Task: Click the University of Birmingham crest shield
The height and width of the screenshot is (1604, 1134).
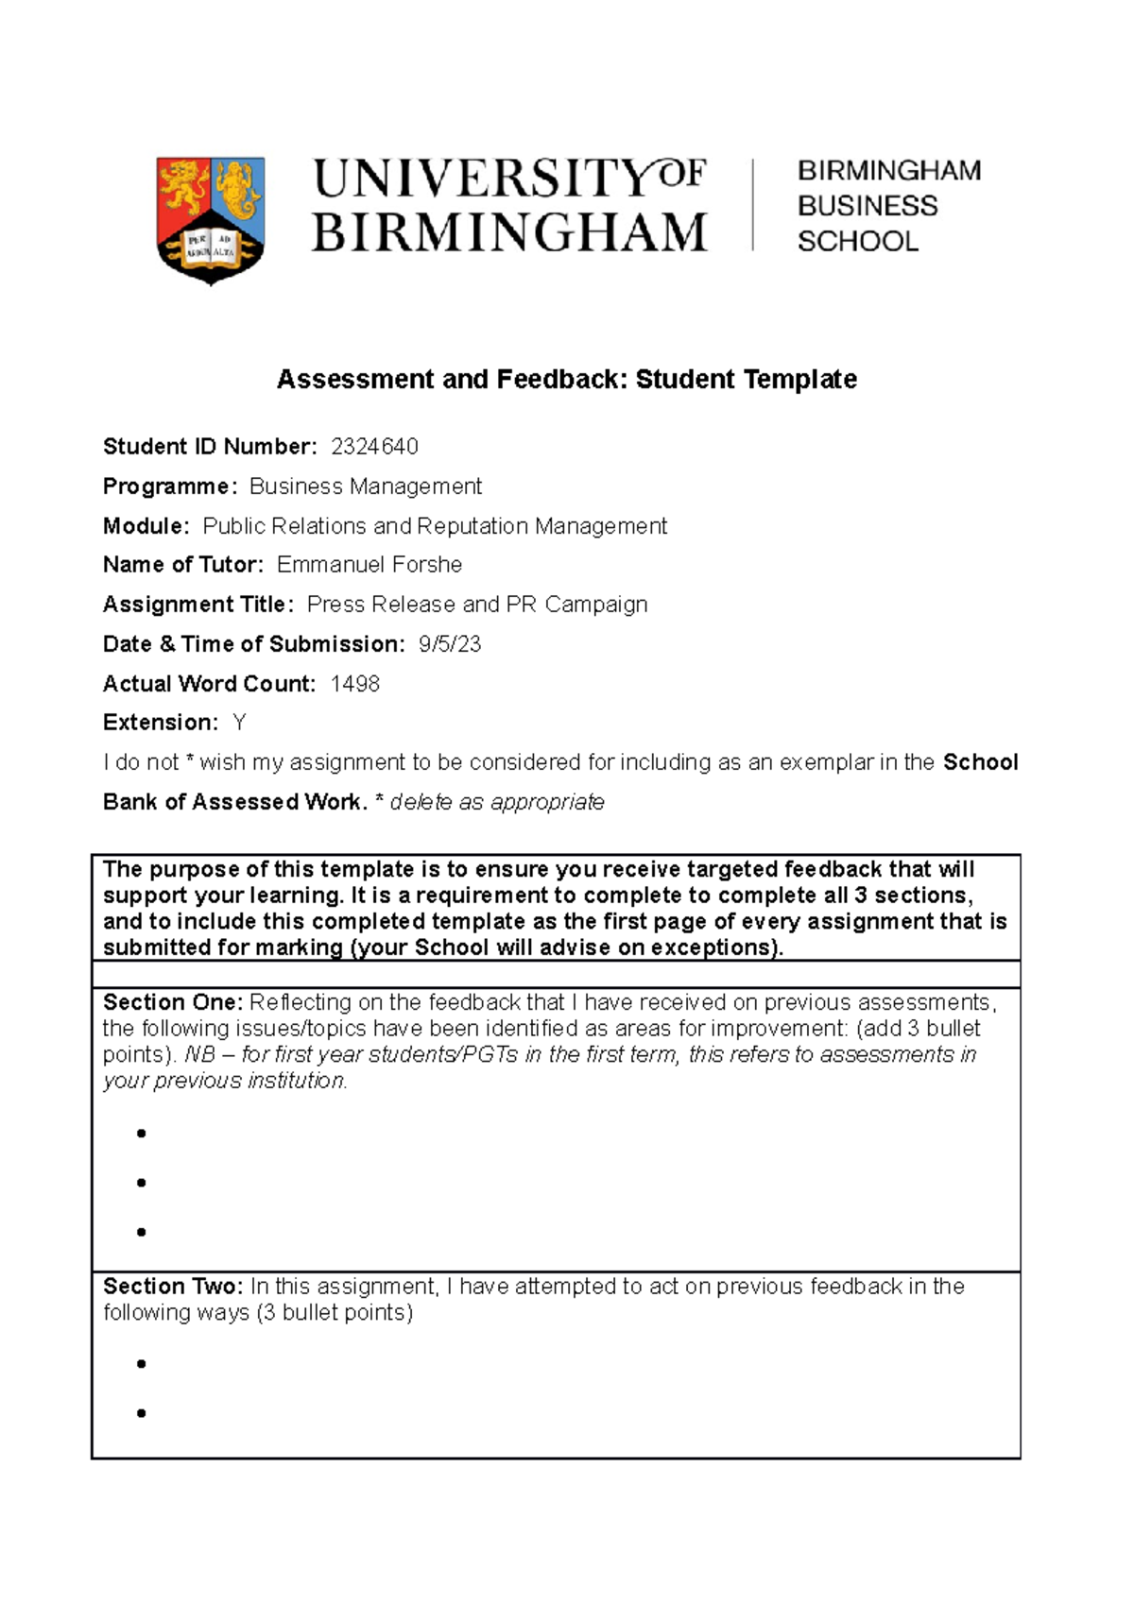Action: [x=210, y=219]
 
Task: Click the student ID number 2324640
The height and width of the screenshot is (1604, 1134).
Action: [x=374, y=447]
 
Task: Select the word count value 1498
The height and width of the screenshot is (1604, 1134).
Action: [x=355, y=684]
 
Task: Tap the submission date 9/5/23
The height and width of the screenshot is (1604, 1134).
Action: [x=450, y=644]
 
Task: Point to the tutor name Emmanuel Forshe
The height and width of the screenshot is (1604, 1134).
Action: [x=369, y=565]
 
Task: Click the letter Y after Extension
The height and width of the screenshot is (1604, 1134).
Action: [x=239, y=723]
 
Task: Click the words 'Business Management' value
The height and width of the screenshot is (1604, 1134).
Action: [x=366, y=486]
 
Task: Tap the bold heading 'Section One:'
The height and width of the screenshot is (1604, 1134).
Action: [x=173, y=1002]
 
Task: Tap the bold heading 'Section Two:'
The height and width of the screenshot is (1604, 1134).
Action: [x=173, y=1287]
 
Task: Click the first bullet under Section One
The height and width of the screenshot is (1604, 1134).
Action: [x=142, y=1134]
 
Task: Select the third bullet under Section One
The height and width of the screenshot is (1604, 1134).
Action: [x=142, y=1232]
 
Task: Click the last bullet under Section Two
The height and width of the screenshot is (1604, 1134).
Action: [x=142, y=1413]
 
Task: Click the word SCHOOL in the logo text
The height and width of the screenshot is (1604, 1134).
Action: [x=857, y=242]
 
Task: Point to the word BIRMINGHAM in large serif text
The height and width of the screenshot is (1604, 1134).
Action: [x=509, y=232]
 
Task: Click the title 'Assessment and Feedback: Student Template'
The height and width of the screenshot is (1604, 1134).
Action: [x=566, y=380]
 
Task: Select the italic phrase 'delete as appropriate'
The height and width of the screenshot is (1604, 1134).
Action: [x=497, y=802]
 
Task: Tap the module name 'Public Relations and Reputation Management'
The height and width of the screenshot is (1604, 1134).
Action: [x=435, y=526]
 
